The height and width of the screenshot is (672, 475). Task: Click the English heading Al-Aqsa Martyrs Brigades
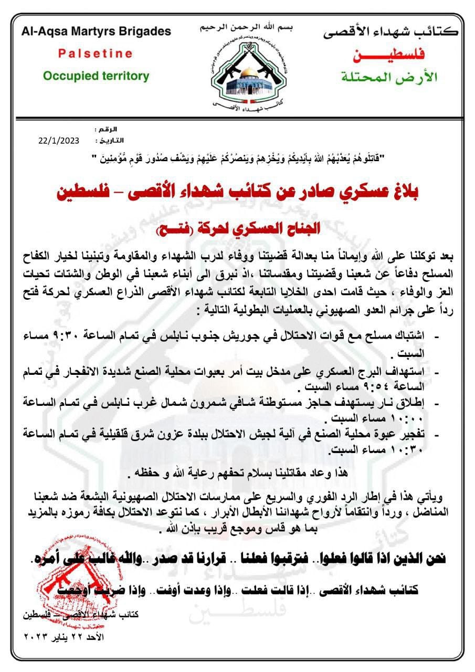click(96, 31)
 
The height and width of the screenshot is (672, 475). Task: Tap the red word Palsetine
click(95, 54)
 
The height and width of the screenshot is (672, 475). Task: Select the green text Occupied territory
click(96, 76)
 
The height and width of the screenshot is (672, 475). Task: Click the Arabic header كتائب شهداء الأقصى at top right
click(390, 32)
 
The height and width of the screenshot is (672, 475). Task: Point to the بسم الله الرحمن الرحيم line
click(247, 27)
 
